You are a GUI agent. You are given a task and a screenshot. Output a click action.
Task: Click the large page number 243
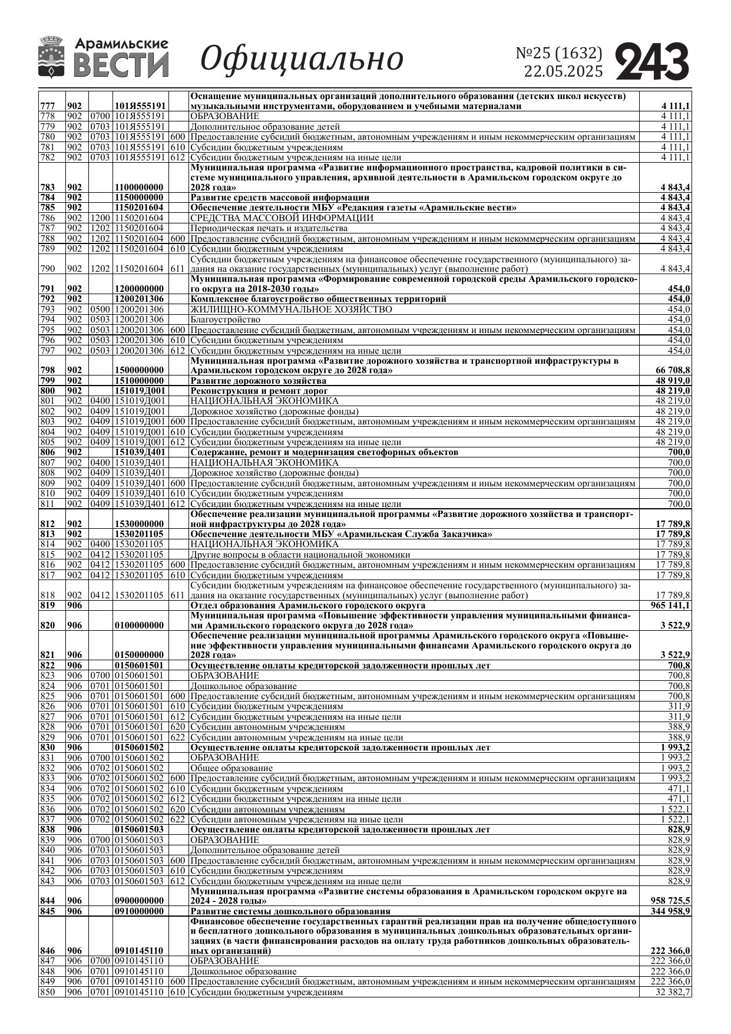(652, 61)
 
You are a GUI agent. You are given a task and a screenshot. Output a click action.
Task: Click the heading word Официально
(302, 59)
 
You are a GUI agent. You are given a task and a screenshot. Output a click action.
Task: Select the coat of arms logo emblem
(51, 57)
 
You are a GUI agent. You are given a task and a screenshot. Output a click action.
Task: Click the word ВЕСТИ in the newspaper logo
(121, 65)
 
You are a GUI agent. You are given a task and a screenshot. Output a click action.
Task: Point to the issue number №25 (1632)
(559, 53)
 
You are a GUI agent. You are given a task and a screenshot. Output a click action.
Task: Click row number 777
(47, 106)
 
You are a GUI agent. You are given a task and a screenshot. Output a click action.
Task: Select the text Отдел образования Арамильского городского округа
(307, 605)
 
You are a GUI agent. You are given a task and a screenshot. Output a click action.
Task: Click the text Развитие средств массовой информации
(280, 197)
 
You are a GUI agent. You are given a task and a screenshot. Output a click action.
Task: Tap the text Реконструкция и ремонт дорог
(259, 391)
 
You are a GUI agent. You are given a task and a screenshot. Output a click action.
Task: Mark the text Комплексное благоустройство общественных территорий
(318, 299)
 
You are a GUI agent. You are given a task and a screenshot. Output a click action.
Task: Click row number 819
(47, 605)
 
